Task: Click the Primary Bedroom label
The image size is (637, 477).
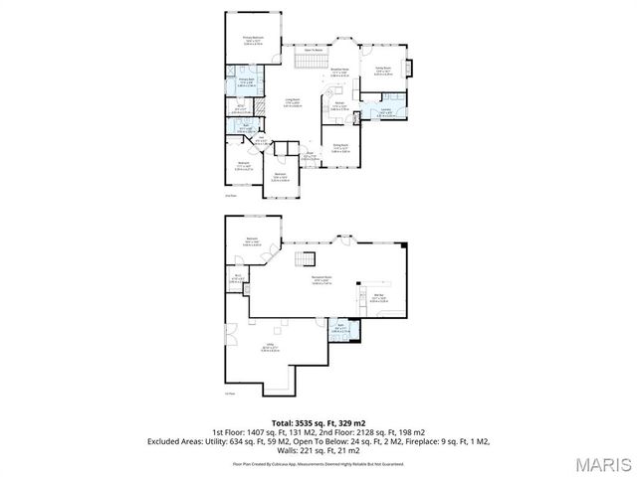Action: [252, 39]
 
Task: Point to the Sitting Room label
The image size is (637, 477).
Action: [382, 70]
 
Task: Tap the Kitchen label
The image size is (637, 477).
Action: [338, 105]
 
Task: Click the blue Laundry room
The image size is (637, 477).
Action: [383, 112]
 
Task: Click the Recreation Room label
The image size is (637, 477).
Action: [320, 278]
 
